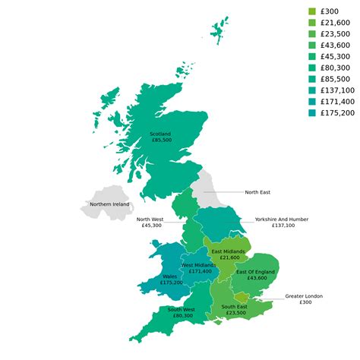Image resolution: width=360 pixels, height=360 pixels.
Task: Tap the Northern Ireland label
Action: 109,204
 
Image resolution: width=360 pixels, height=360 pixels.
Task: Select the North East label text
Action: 258,193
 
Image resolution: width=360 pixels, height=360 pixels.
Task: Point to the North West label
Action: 149,222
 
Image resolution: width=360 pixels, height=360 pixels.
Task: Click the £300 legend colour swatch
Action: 312,11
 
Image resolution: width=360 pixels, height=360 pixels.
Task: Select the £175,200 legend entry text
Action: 338,113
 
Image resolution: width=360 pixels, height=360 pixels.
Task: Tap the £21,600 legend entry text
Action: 336,23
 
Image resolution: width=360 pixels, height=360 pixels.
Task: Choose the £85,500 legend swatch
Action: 312,79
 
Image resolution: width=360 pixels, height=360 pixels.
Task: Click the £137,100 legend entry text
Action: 338,90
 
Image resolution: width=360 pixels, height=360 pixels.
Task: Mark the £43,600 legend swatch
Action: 312,46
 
